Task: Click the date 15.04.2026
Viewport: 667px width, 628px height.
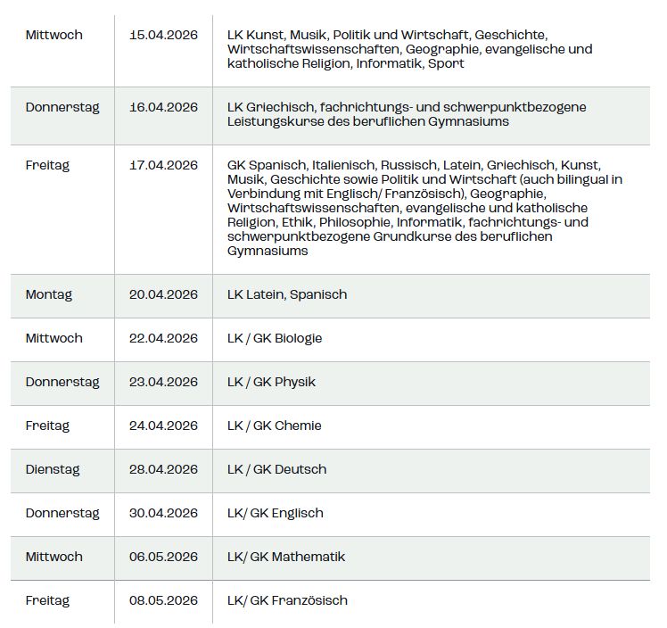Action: tap(163, 35)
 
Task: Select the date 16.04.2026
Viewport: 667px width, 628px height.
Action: tap(163, 107)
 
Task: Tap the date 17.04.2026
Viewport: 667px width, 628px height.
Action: tap(163, 165)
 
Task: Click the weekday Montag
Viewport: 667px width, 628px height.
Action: tap(49, 294)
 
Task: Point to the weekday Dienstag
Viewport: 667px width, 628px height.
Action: tap(53, 469)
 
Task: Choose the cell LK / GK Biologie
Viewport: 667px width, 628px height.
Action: tap(275, 338)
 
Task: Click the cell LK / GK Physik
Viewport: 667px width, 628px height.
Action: tap(271, 382)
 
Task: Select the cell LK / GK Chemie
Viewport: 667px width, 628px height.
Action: tap(275, 426)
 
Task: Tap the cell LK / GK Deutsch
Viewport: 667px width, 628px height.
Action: tap(277, 469)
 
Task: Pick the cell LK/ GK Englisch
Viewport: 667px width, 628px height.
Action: tap(276, 513)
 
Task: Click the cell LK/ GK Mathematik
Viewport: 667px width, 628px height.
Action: tap(286, 557)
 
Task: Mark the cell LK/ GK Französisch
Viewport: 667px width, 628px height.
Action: tap(287, 600)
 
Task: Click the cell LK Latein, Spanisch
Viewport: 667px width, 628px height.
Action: tap(287, 294)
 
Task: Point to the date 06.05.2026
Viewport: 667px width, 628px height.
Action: tap(163, 557)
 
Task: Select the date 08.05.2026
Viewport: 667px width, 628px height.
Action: tap(163, 600)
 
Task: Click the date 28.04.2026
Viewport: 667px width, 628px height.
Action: tap(163, 469)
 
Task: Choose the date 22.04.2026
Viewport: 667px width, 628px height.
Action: tap(163, 338)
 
